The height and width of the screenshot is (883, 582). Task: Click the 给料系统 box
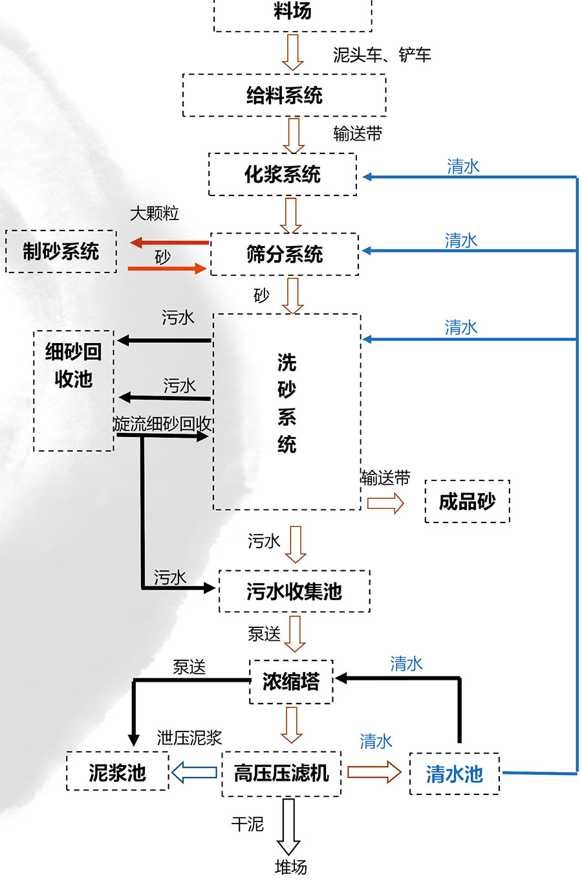[284, 95]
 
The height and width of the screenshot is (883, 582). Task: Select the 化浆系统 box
[283, 174]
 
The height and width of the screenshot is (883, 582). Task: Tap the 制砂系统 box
[61, 251]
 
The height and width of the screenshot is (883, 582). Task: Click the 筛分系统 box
[285, 254]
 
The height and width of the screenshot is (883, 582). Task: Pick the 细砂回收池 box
[74, 390]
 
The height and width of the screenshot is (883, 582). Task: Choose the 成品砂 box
[467, 502]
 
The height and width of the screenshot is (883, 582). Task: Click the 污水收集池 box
[294, 591]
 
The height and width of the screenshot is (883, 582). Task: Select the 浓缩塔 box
[291, 682]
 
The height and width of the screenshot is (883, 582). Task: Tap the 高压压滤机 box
[281, 773]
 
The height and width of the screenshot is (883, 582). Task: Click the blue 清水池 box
[454, 774]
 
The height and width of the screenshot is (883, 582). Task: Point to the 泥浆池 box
[118, 772]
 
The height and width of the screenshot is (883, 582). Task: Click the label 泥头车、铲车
[382, 55]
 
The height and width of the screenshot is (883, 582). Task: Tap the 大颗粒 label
[155, 214]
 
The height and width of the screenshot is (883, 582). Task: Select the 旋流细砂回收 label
[163, 424]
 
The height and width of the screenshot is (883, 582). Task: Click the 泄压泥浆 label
[189, 737]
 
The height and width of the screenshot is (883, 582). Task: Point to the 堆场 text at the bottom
[291, 867]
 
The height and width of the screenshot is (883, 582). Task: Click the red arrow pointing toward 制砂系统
[169, 243]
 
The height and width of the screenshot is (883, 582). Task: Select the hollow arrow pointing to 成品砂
[385, 503]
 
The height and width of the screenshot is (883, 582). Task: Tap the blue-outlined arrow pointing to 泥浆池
[194, 772]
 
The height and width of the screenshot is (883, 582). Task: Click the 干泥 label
[248, 824]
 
